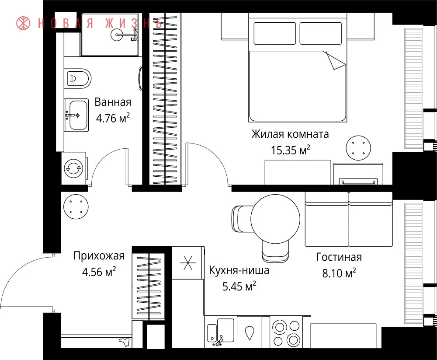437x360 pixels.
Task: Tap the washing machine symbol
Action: point(73,168)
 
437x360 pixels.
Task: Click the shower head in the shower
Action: point(117,35)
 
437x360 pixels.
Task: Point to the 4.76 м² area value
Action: point(113,119)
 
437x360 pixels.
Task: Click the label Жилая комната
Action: point(290,134)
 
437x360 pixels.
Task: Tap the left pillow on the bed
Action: point(274,33)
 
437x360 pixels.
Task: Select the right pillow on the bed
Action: point(320,33)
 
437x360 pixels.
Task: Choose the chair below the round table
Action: point(275,250)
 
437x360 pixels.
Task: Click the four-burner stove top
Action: point(286,333)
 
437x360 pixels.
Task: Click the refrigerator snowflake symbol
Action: point(188,262)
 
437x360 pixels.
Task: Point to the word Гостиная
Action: point(339,257)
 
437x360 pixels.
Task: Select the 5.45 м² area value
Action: point(239,287)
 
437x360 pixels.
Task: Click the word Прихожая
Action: point(99,256)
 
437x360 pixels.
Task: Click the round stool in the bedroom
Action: point(358,148)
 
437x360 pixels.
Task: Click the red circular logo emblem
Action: point(23,23)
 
